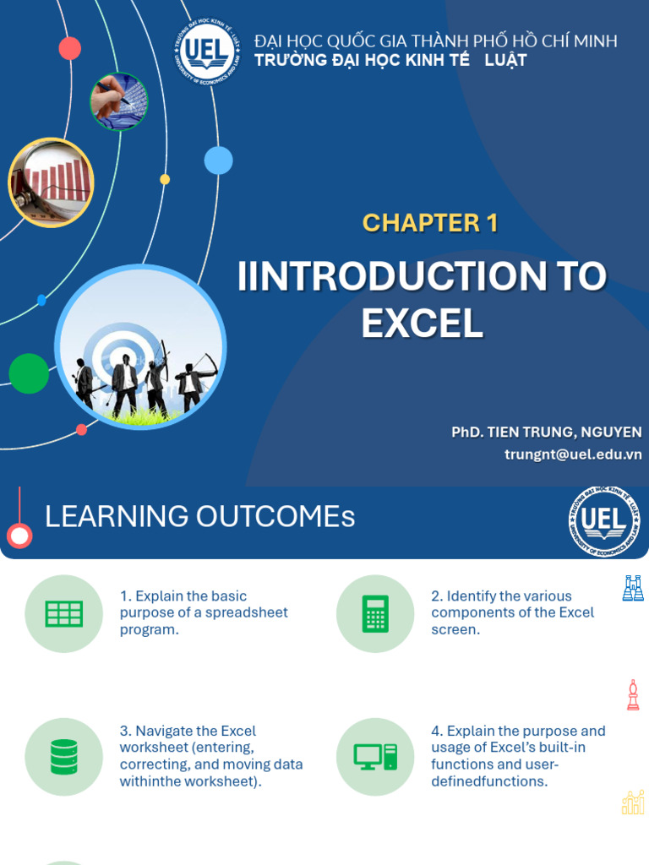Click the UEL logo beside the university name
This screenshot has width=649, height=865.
click(208, 52)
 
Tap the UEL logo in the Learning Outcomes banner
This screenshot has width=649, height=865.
click(604, 521)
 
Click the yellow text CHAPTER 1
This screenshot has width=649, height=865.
click(430, 223)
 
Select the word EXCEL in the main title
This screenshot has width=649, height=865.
click(423, 324)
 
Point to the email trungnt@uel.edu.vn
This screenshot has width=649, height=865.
click(573, 454)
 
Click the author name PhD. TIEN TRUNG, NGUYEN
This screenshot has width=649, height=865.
click(547, 432)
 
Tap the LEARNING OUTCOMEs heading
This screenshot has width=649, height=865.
click(199, 517)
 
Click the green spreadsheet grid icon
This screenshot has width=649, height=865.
click(64, 613)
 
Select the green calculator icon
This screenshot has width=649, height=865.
click(375, 613)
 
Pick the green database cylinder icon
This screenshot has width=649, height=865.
click(64, 757)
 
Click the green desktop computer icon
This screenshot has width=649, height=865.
click(375, 757)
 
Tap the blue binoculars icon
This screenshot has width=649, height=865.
click(633, 588)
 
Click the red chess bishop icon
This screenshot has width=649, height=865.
click(633, 695)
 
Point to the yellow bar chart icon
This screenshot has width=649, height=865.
click(633, 802)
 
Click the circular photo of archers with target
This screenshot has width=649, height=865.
click(140, 348)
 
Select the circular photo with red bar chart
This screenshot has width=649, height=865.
click(51, 182)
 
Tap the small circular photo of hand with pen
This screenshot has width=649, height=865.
click(119, 102)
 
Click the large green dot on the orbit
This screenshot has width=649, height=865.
click(29, 373)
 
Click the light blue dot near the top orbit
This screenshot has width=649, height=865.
click(219, 160)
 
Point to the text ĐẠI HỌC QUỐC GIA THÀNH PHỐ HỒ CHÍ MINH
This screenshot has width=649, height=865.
click(436, 41)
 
